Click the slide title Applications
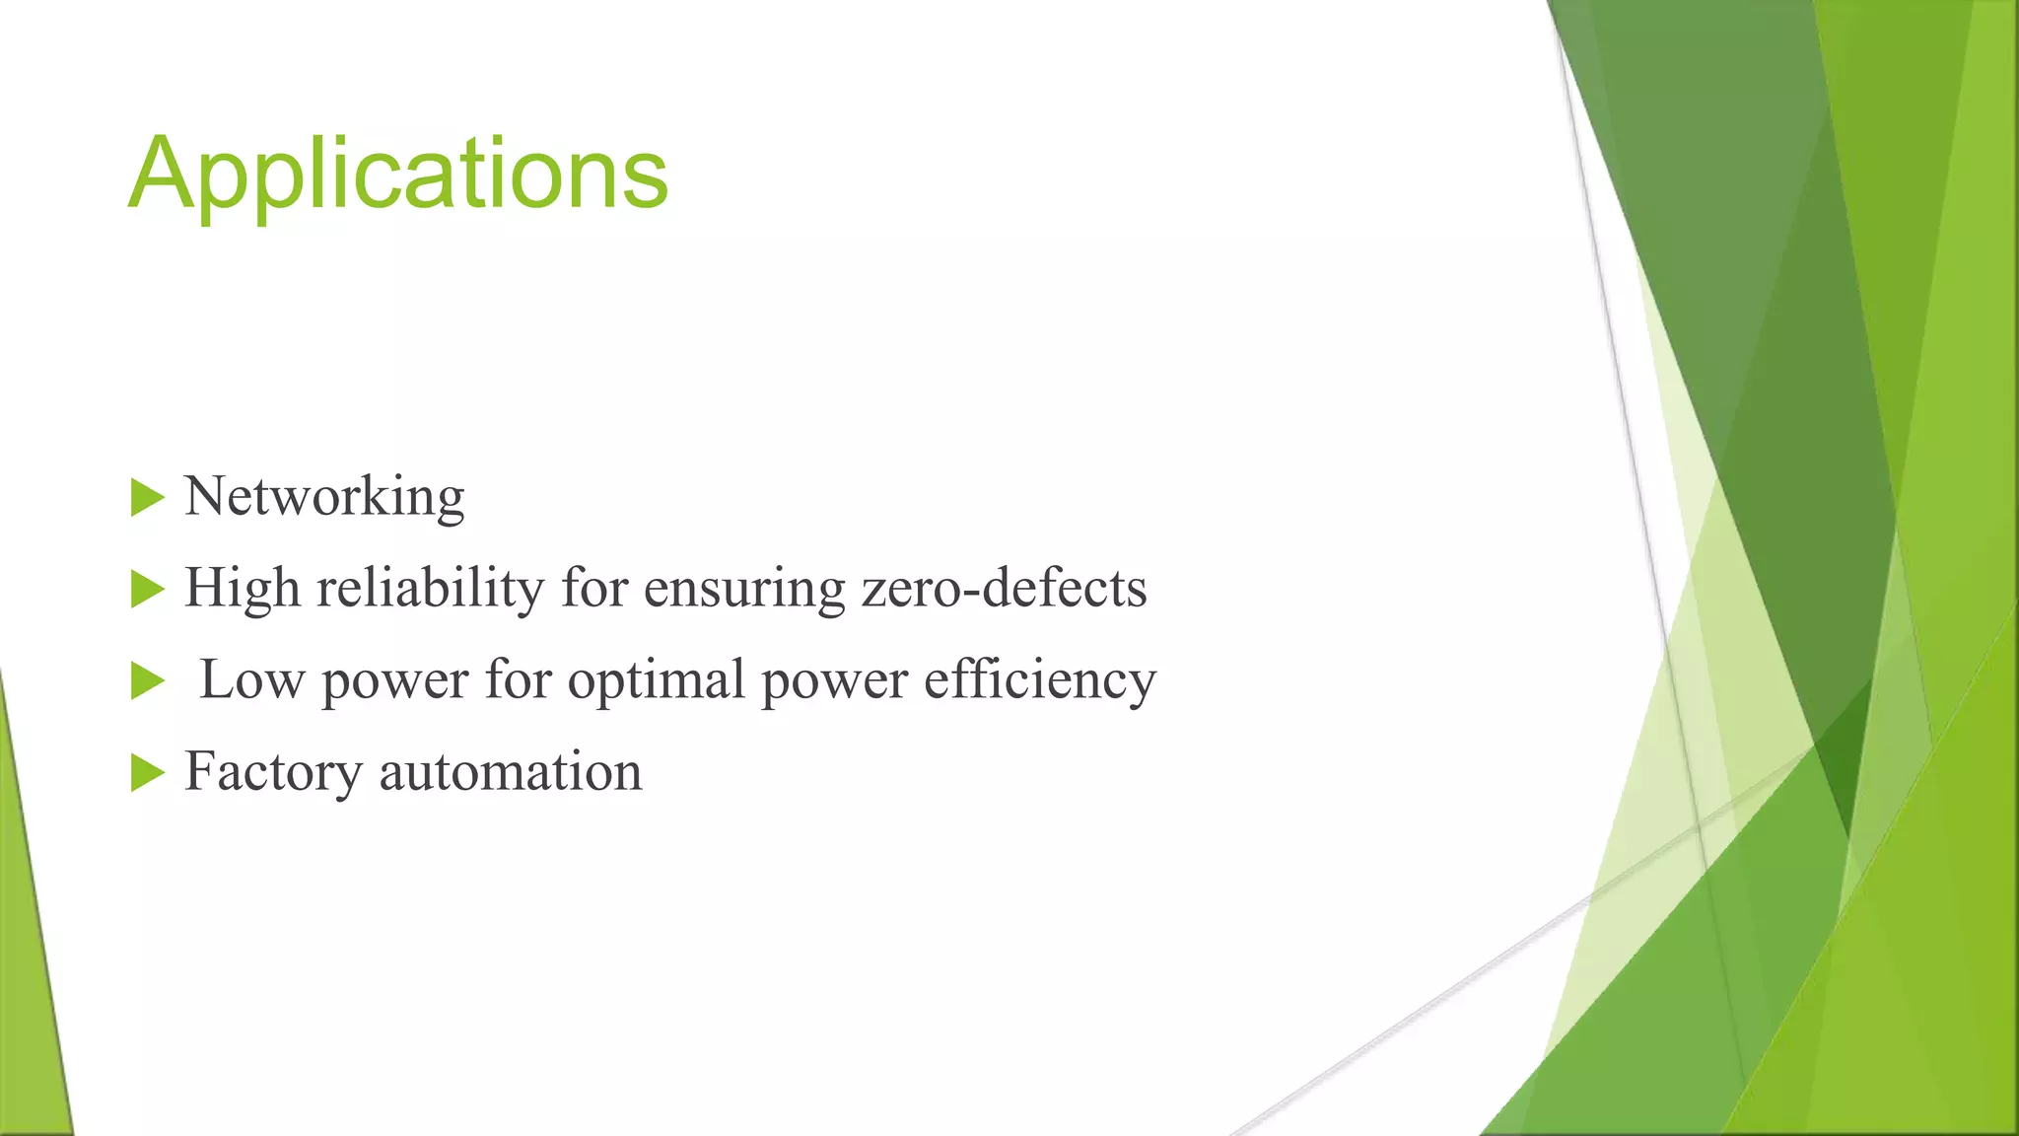398,174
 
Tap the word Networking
324,496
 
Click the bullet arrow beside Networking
147,498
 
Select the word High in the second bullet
242,588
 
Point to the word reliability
430,588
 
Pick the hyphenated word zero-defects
1004,588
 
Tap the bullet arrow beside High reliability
147,590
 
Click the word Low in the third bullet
251,679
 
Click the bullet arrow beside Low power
147,681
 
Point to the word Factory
273,771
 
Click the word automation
511,771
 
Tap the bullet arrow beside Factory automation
147,773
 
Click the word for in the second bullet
594,588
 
